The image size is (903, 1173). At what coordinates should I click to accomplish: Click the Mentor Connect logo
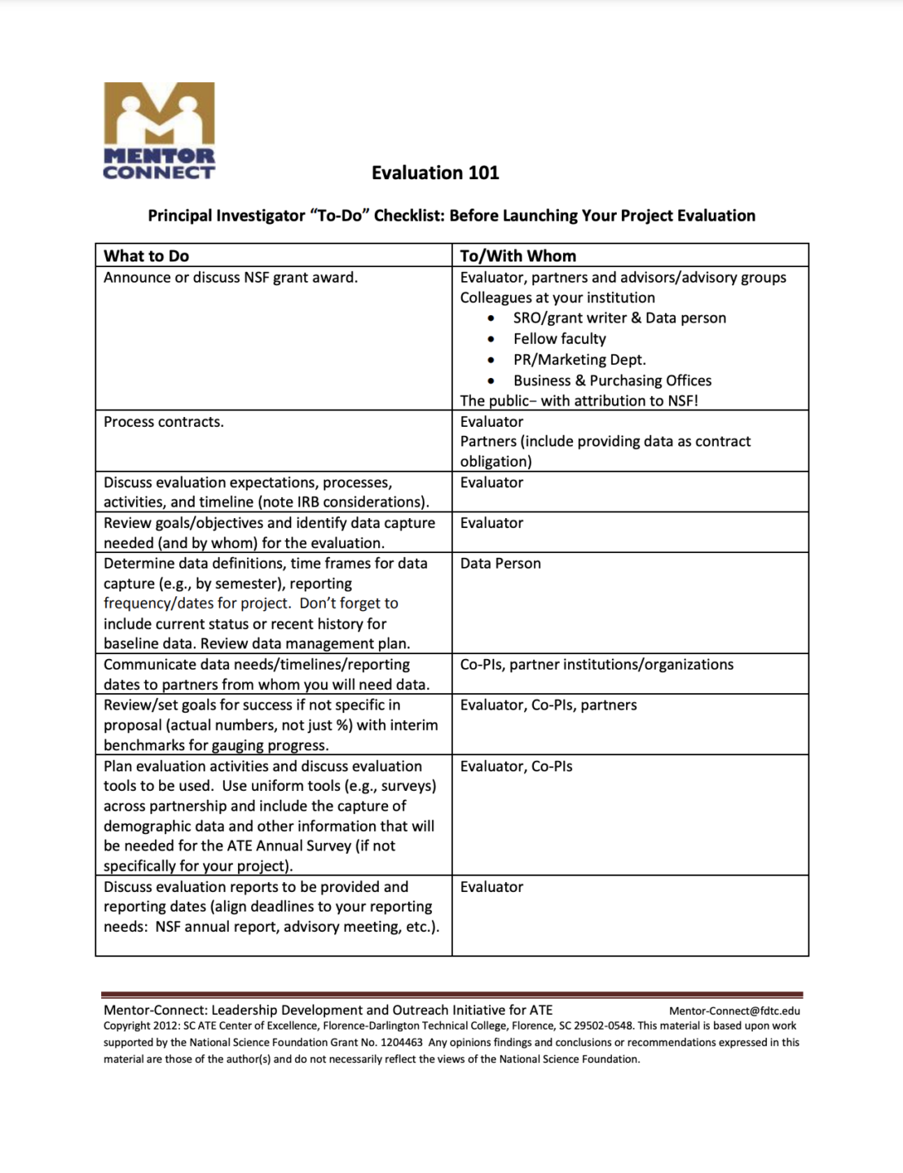159,130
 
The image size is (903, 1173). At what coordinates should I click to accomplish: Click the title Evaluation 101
435,173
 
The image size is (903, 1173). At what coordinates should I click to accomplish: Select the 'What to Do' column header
147,256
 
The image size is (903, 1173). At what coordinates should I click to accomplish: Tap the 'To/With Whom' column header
518,256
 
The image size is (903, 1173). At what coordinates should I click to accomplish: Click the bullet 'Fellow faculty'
559,339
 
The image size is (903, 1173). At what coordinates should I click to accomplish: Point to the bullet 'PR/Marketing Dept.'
579,359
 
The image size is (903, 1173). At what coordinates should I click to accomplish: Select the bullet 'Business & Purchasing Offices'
612,380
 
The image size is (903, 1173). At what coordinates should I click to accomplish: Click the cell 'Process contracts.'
164,422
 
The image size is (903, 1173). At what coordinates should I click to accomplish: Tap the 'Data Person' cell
500,563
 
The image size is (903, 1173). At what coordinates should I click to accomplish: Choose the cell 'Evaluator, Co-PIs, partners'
548,705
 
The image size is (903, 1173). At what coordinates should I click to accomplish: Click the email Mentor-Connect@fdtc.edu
734,1011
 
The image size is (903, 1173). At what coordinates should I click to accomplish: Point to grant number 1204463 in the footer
401,1043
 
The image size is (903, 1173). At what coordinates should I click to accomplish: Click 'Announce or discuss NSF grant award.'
231,277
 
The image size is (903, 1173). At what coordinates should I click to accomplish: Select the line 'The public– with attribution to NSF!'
579,401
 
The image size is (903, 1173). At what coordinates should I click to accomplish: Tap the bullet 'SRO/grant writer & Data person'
619,318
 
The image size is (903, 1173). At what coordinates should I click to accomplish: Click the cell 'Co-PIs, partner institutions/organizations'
597,665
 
